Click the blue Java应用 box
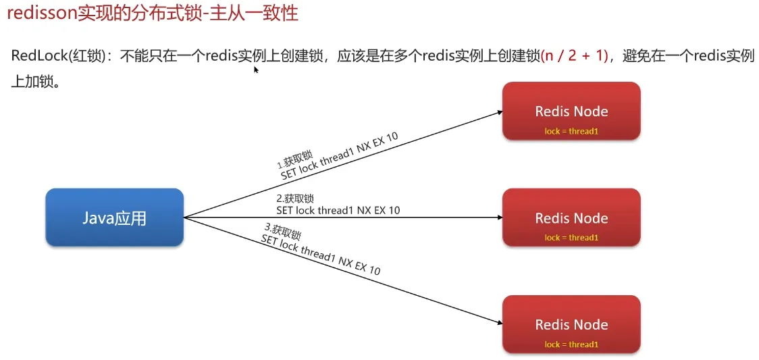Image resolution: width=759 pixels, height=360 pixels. coord(115,217)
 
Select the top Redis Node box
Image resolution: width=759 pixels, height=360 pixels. coord(571,111)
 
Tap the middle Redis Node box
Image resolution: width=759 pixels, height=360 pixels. coord(571,217)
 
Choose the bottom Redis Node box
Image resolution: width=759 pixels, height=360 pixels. coord(571,324)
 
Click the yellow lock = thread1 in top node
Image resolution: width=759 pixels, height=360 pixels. coord(571,131)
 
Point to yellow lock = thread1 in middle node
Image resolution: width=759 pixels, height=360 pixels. coord(571,238)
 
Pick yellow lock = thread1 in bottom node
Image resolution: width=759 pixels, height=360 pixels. coord(571,344)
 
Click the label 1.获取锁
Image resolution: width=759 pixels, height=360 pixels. coord(294,161)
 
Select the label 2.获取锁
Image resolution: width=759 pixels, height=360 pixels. coord(295,199)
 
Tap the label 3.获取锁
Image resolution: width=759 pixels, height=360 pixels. coord(282,234)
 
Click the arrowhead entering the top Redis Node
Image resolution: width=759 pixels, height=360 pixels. coord(498,113)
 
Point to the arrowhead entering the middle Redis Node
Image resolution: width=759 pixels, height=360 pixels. coord(498,217)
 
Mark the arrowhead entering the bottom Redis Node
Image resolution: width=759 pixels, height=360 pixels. coord(498,322)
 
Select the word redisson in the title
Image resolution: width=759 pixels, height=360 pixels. coord(41,13)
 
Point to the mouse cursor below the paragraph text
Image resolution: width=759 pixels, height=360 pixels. coord(256,69)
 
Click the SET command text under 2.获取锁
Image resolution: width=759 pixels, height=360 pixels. coord(338,210)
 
